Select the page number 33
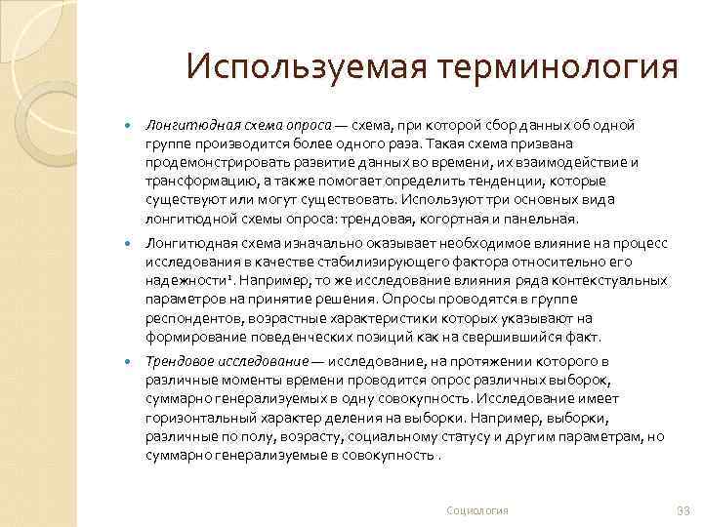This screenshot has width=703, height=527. tap(682, 511)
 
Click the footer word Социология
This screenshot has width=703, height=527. tap(477, 511)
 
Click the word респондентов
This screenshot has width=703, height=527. tap(189, 317)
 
